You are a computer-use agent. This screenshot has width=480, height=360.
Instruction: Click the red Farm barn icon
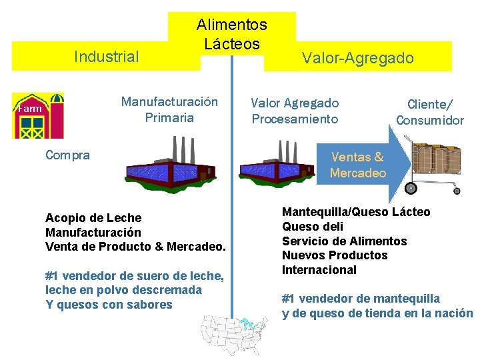pyautogui.click(x=39, y=115)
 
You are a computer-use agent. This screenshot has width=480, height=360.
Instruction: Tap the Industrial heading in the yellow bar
pyautogui.click(x=107, y=57)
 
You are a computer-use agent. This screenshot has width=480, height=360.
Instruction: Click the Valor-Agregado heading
pyautogui.click(x=358, y=58)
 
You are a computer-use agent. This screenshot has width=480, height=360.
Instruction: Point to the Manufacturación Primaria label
pyautogui.click(x=169, y=110)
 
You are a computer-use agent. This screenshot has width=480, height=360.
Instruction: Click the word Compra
pyautogui.click(x=67, y=155)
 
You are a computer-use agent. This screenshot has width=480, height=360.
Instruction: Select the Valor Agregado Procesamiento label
pyautogui.click(x=295, y=111)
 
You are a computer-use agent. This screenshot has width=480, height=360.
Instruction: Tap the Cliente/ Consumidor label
pyautogui.click(x=430, y=112)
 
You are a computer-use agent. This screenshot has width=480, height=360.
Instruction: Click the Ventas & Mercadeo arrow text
pyautogui.click(x=358, y=165)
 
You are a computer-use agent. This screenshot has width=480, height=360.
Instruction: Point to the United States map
pyautogui.click(x=235, y=334)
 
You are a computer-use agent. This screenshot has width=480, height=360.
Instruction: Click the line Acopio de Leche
pyautogui.click(x=93, y=218)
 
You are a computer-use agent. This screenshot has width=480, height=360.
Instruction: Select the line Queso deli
pyautogui.click(x=313, y=227)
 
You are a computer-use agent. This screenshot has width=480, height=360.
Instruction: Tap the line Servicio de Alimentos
pyautogui.click(x=344, y=241)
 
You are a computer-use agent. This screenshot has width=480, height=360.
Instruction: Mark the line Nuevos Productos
pyautogui.click(x=335, y=255)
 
